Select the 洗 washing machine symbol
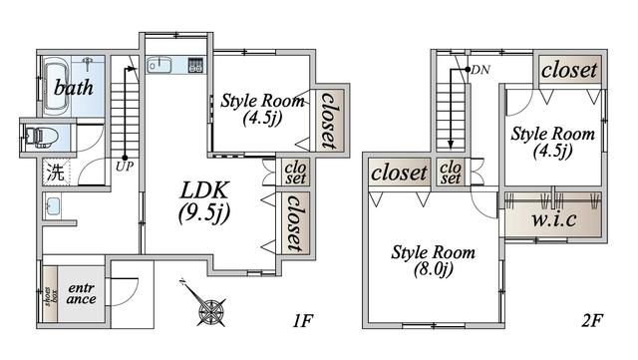click(x=56, y=171)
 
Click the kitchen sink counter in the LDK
click(x=175, y=66)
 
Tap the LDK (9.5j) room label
click(x=205, y=200)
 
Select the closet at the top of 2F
click(x=570, y=70)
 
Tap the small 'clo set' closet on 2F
click(x=451, y=173)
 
